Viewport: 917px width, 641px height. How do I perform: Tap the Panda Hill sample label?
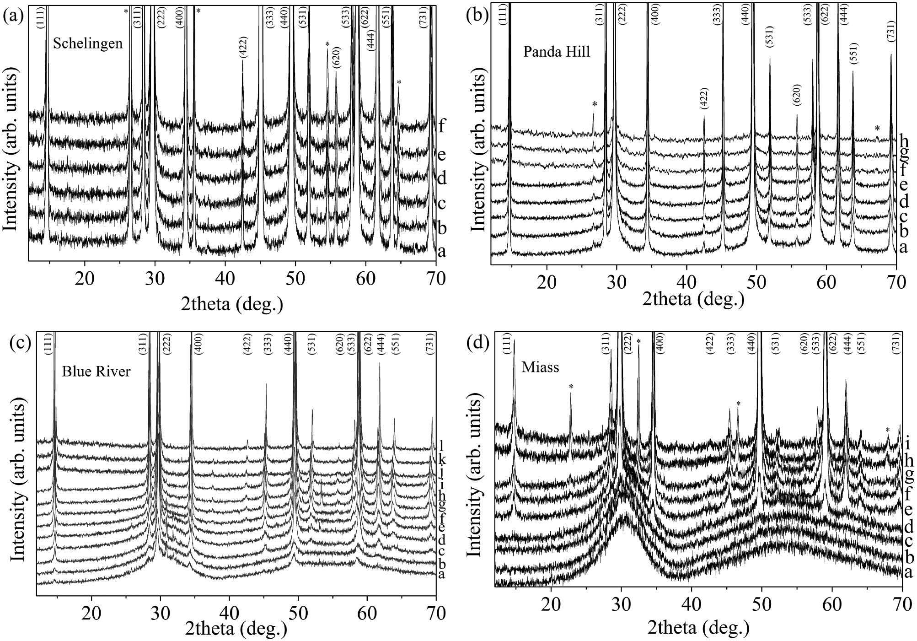coord(557,52)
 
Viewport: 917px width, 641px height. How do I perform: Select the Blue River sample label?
coord(96,371)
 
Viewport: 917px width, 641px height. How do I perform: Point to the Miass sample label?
coord(541,367)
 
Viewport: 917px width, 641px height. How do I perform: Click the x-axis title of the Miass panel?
coord(698,629)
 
